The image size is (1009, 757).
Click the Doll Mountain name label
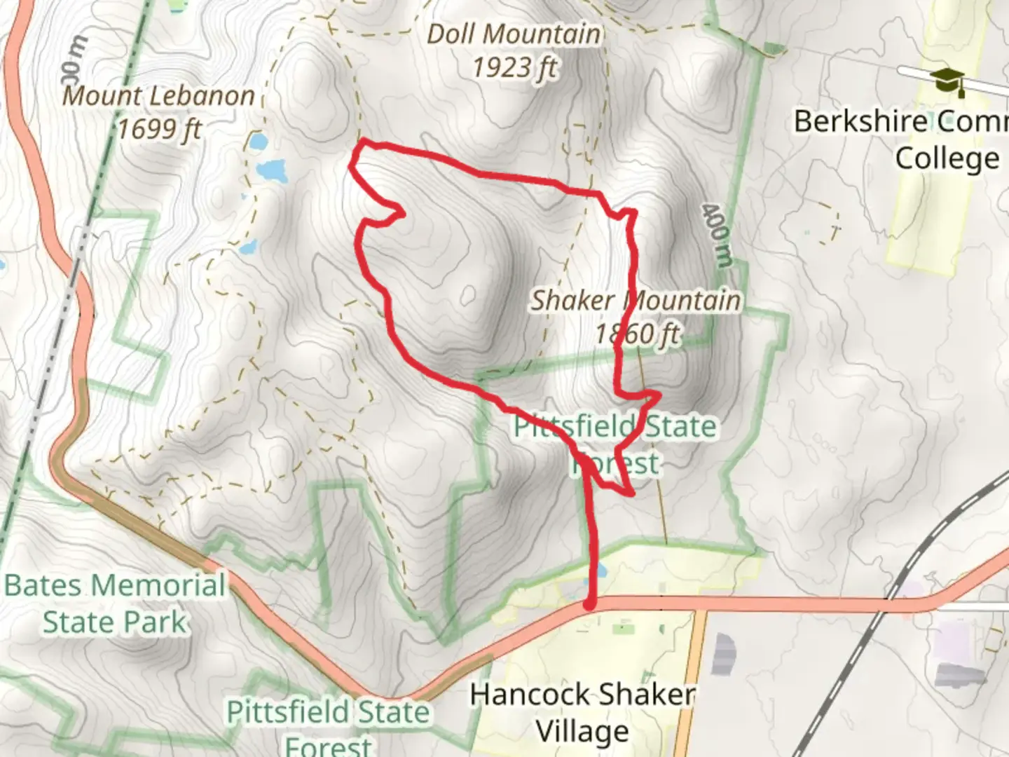click(x=514, y=34)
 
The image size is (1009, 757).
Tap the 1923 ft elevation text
click(x=514, y=68)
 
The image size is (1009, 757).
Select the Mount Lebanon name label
click(x=158, y=96)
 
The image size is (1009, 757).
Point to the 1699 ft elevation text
click(x=159, y=129)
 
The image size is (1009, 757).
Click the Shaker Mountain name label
click(x=635, y=301)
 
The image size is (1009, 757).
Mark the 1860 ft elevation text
click(x=637, y=334)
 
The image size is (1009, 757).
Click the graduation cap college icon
click(x=947, y=81)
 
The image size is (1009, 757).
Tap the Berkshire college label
click(x=900, y=122)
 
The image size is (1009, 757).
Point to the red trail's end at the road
click(x=590, y=604)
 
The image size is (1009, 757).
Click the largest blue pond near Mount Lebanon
click(x=272, y=170)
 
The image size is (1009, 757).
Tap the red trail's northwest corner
click(x=362, y=144)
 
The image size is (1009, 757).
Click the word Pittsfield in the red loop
click(x=575, y=426)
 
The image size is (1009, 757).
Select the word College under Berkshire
click(x=947, y=158)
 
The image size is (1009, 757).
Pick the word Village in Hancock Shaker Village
click(x=582, y=732)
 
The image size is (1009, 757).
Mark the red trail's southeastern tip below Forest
click(x=632, y=494)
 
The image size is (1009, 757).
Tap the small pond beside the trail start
click(x=601, y=572)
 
